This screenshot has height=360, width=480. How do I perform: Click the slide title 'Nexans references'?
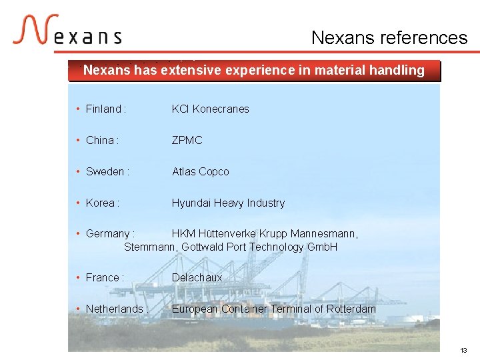(389, 38)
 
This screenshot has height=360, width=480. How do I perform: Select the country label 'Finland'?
(104, 109)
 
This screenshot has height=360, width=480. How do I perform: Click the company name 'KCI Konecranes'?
(210, 109)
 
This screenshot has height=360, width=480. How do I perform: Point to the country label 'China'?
(100, 140)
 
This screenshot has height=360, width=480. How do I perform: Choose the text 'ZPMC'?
(187, 140)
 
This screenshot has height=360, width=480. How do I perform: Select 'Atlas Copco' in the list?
(200, 171)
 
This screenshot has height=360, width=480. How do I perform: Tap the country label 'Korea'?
(101, 203)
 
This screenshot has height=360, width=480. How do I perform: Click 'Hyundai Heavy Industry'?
(228, 203)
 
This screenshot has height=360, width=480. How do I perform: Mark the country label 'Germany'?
(108, 233)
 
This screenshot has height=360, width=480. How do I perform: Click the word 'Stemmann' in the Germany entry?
(149, 247)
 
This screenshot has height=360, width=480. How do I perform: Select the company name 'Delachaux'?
(197, 277)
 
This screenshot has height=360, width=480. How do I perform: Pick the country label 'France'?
(103, 277)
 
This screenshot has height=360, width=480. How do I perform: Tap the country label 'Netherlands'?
(115, 309)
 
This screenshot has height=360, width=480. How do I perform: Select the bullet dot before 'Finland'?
(78, 109)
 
